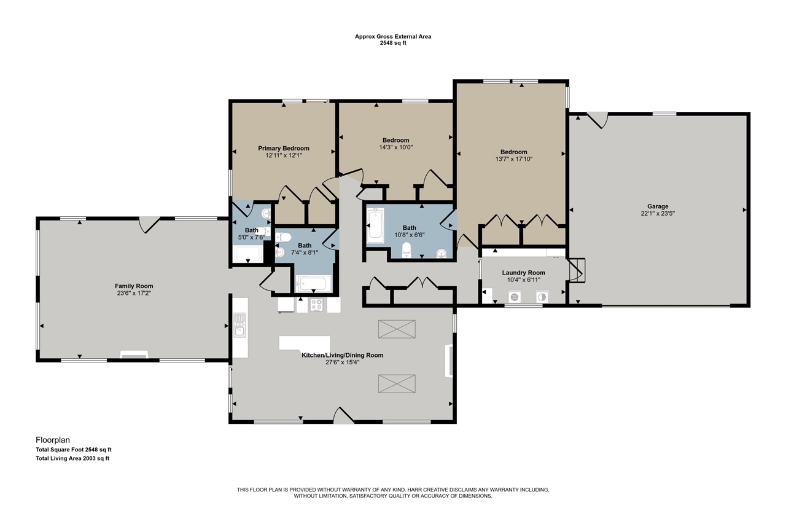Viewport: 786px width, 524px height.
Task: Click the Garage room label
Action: pos(658,206)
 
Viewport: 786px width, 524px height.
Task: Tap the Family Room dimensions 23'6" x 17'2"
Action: pos(134,293)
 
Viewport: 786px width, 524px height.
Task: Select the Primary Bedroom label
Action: pos(284,148)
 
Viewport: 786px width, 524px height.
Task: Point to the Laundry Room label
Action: pos(524,273)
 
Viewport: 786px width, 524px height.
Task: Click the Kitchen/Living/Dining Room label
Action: pos(343,355)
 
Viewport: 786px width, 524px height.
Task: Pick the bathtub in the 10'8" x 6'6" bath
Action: pos(375,225)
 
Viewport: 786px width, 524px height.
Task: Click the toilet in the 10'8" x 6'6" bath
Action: pos(407,249)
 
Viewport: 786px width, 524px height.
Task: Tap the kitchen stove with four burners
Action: pos(316,305)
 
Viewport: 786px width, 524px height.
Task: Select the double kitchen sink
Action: pos(240,325)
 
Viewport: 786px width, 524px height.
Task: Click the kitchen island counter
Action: pos(305,343)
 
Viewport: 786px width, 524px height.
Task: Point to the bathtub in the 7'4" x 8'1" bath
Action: pos(313,284)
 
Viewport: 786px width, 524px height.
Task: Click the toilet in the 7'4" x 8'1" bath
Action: pos(283,238)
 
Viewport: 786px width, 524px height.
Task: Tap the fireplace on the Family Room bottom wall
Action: pos(134,354)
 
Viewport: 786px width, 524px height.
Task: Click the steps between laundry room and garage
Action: pos(577,270)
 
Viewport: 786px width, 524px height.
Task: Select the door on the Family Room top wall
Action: pos(149,225)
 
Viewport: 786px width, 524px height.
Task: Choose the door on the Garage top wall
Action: pos(597,120)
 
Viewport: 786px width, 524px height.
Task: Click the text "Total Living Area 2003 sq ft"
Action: pos(72,458)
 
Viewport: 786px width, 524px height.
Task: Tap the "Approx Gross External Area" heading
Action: pos(393,36)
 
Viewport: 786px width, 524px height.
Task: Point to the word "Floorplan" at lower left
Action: pos(53,440)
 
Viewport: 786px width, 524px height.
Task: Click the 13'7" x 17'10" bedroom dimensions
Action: pos(514,159)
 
